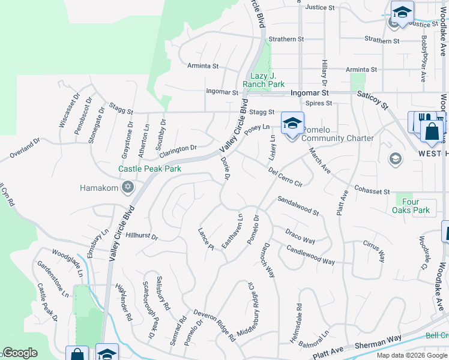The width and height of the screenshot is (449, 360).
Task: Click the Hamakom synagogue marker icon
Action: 127,188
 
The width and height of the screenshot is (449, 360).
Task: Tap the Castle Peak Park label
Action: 149,169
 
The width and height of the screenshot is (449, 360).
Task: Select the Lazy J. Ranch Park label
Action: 267,80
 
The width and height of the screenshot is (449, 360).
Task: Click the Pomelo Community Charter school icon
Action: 292,123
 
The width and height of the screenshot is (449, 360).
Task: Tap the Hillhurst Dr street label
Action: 142,236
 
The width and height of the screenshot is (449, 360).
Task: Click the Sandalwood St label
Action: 298,205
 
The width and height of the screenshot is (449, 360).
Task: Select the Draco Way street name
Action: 300,236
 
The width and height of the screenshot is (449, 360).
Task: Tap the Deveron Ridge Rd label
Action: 214,326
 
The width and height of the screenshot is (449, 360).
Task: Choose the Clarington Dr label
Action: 178,148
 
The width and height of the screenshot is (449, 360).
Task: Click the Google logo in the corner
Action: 20,353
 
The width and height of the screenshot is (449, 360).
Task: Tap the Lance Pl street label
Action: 206,238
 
